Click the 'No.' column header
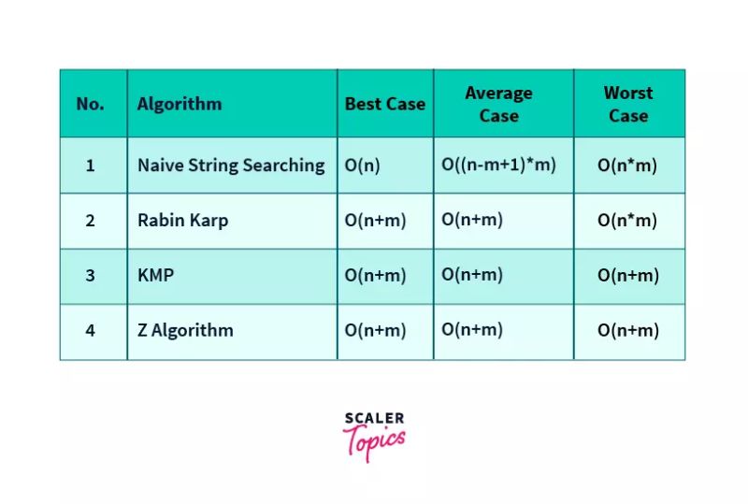coord(91,104)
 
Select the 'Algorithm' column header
coord(180,104)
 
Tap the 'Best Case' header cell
coord(384,104)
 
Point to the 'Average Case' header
coord(498,104)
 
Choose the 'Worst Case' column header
coord(628,104)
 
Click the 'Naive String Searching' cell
coord(231,166)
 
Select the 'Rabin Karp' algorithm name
coord(182,221)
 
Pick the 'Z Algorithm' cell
coord(185,330)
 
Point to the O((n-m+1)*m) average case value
coord(498,165)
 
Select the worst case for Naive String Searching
coord(627,166)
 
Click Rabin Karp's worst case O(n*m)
coord(627,221)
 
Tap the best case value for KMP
coord(376,276)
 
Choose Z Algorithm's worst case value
coord(628,330)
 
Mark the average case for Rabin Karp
coord(472,220)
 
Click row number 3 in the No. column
coord(91,276)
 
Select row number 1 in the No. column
coord(91,166)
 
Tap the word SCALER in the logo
coord(374,418)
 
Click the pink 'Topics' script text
coord(374,440)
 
